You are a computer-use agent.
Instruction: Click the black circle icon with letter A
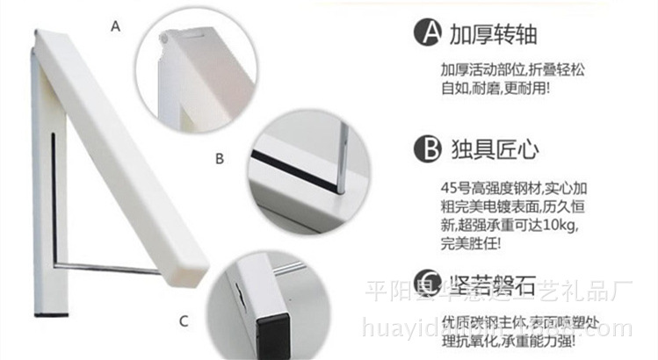(427, 35)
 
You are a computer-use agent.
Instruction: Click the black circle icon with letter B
(427, 147)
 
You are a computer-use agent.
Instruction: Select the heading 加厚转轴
(493, 35)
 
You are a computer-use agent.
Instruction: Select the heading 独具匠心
(493, 147)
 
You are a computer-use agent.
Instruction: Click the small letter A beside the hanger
(114, 27)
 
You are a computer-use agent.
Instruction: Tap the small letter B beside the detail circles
(220, 159)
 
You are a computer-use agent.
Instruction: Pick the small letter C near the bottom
(183, 321)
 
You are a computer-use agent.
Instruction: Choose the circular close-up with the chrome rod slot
(307, 167)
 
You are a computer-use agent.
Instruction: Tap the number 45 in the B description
(449, 187)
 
